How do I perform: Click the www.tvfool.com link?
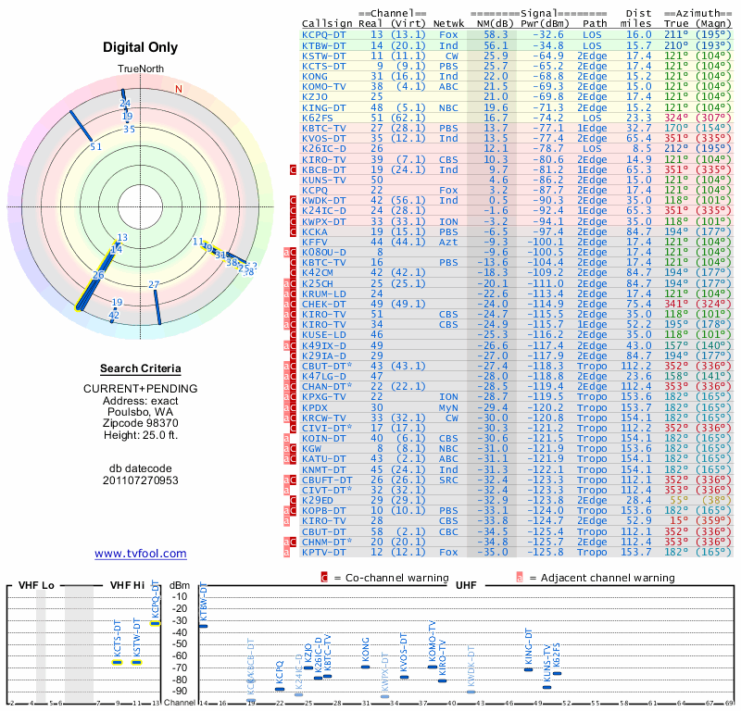pos(141,554)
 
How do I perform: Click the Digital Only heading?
pos(141,47)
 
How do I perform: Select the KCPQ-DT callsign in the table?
pos(324,33)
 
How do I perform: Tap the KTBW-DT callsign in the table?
pos(324,44)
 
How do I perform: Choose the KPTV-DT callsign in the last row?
pos(324,552)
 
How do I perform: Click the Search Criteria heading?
pos(141,368)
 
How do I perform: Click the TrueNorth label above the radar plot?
pos(140,70)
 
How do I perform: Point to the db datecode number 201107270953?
pos(141,480)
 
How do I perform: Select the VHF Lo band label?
pos(36,586)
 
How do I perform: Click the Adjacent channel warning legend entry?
pos(594,578)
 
